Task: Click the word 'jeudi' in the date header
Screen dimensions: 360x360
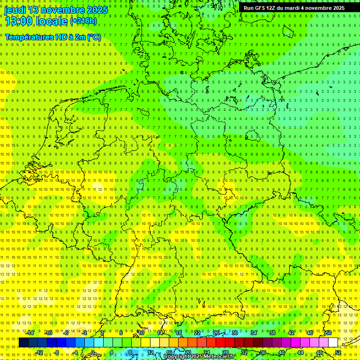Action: pos(16,10)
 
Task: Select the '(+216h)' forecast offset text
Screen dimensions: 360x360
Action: pos(83,21)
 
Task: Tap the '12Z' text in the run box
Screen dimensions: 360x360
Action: pos(271,8)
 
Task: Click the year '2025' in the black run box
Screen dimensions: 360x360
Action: pos(336,8)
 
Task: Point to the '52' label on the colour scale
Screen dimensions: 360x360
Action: pos(338,352)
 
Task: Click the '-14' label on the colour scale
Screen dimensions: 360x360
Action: pos(30,333)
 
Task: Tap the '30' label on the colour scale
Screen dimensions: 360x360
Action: pos(234,333)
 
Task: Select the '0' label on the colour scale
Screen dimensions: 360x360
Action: pos(93,352)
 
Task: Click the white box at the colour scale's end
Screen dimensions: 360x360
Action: pos(333,343)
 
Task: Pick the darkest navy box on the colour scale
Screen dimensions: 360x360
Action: pos(23,343)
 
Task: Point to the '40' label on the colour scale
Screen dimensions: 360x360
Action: pos(281,352)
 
